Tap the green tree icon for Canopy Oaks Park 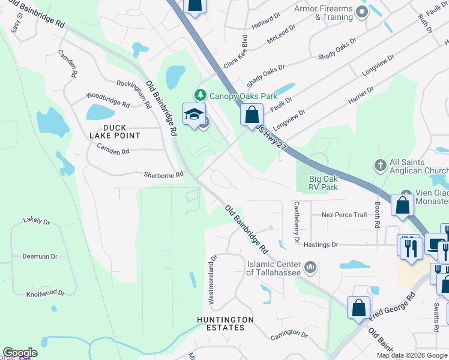point(199,95)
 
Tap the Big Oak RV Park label point(323,183)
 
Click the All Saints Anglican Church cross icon point(379,164)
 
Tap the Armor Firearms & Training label point(324,13)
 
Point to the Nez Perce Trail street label point(344,215)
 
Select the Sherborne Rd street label point(163,175)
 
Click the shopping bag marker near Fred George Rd point(358,307)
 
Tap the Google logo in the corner point(20,353)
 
